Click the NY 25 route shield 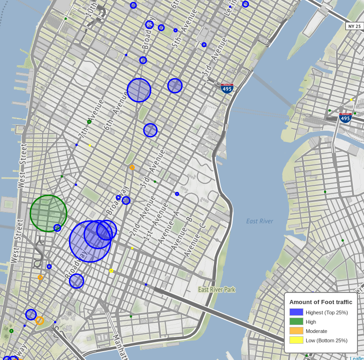pos(354,26)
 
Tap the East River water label pos(260,221)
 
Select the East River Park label pos(217,290)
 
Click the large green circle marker pos(48,213)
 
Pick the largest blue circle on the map pos(90,241)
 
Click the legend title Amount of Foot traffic pos(321,302)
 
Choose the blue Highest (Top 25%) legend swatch pos(296,312)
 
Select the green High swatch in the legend pos(296,322)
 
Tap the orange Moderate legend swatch pos(296,331)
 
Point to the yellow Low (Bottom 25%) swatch pos(296,340)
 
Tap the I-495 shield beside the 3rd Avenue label pos(227,88)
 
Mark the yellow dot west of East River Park pos(111,271)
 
